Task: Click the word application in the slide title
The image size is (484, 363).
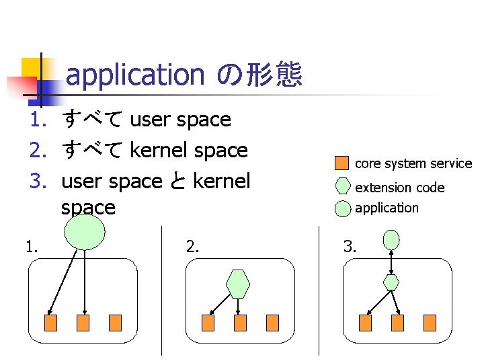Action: [135, 75]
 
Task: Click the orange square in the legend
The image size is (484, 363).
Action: [342, 163]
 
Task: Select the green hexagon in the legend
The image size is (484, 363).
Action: [342, 186]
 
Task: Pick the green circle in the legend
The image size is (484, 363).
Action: [342, 207]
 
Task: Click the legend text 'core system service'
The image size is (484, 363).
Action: [413, 163]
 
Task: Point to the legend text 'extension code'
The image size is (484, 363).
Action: [399, 188]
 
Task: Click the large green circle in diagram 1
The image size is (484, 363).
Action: [85, 232]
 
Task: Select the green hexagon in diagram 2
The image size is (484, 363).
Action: [238, 284]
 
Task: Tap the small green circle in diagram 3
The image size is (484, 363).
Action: [391, 239]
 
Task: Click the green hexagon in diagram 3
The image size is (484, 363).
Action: [391, 282]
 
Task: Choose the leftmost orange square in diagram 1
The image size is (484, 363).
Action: [50, 323]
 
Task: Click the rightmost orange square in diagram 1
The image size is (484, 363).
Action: [115, 323]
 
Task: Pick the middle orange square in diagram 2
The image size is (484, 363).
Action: [240, 323]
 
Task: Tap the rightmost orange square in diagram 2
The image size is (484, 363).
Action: [272, 323]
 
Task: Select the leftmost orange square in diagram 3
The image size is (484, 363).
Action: [365, 323]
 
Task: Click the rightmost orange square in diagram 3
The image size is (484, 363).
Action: [430, 323]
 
